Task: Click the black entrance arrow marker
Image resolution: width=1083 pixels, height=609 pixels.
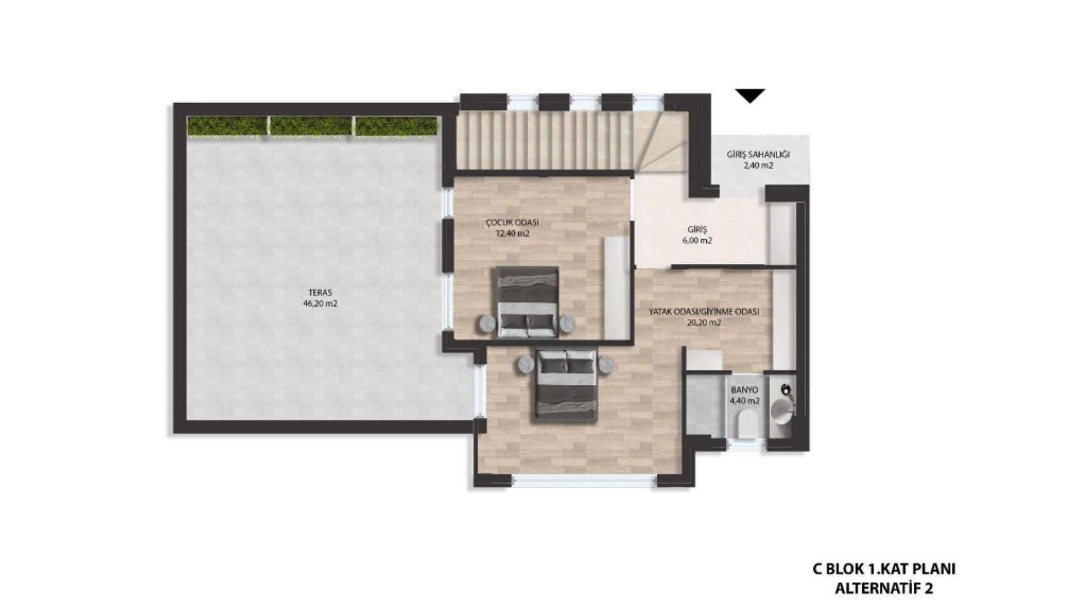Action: pyautogui.click(x=750, y=96)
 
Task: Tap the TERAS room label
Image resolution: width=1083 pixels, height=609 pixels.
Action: pyautogui.click(x=320, y=293)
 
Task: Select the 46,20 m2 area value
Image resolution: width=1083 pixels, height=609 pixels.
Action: pyautogui.click(x=320, y=303)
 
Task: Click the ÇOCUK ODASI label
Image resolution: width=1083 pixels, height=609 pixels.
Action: pyautogui.click(x=508, y=223)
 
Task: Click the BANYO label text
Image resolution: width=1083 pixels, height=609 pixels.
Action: pyautogui.click(x=745, y=390)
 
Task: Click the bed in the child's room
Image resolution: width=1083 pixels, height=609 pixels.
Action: pyautogui.click(x=528, y=302)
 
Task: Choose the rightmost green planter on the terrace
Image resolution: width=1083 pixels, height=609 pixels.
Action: pyautogui.click(x=397, y=126)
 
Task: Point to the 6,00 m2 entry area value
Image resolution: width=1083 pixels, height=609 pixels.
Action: pyautogui.click(x=697, y=240)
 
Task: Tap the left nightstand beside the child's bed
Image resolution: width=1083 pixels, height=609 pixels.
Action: pyautogui.click(x=487, y=323)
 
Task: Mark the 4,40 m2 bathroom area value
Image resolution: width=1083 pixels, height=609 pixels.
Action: pyautogui.click(x=745, y=401)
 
